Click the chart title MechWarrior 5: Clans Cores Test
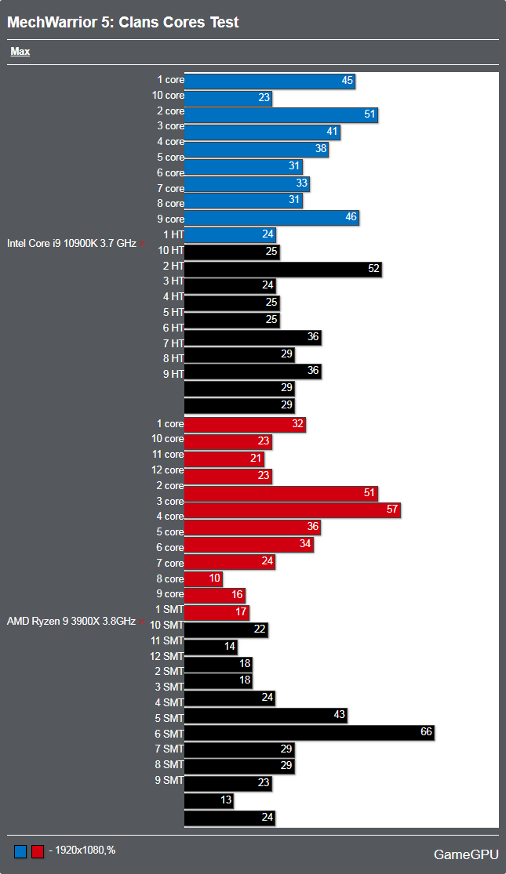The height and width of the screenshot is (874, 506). pos(123,23)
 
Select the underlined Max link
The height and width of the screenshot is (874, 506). pos(20,52)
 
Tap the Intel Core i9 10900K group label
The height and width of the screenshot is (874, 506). pos(71,243)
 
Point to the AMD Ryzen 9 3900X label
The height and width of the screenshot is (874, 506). pos(71,622)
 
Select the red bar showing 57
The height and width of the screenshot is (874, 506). pos(293,510)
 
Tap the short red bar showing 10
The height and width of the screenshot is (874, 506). pos(203,578)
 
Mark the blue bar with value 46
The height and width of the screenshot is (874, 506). pos(271,218)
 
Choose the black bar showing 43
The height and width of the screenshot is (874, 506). pos(265,715)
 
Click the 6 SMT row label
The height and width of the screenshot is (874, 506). pos(169,733)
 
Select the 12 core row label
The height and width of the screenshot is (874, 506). pos(168,470)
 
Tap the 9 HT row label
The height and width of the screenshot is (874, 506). pos(173,373)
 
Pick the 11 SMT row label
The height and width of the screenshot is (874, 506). pos(167,640)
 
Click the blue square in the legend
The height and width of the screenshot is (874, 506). pos(20,851)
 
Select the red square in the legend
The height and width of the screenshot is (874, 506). pos(37,851)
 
